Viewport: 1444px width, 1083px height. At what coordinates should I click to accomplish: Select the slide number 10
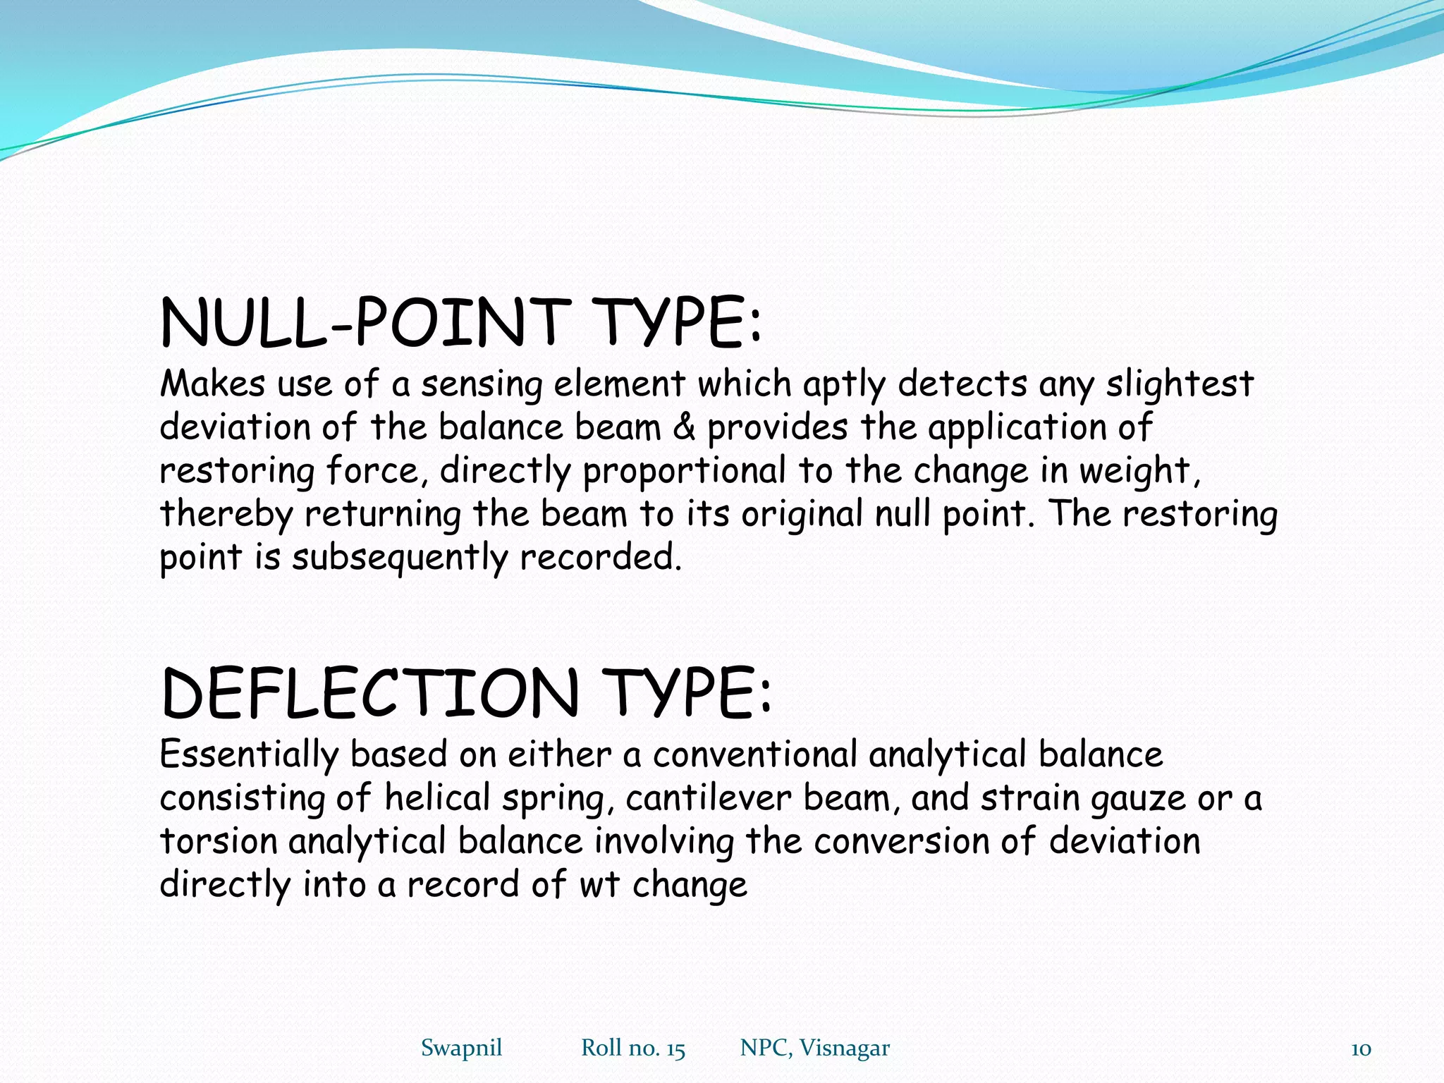[x=1361, y=1049]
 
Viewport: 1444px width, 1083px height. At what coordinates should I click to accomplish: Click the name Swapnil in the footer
[x=461, y=1048]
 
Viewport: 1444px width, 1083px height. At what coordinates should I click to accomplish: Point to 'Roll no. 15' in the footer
[x=632, y=1048]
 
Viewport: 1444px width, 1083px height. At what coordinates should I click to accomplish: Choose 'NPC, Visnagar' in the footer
[x=814, y=1048]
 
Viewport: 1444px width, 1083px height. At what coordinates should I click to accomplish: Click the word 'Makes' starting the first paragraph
[x=213, y=385]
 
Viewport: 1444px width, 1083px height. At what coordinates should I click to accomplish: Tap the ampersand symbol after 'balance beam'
[x=684, y=428]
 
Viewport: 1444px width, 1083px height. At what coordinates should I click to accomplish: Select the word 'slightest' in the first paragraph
[x=1179, y=385]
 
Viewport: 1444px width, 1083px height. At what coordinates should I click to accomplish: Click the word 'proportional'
[x=683, y=472]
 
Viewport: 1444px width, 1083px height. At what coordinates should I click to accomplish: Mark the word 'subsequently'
[x=399, y=558]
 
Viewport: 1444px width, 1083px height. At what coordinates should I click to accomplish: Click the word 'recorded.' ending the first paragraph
[x=601, y=558]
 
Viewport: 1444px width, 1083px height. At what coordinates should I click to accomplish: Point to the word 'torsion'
[x=219, y=842]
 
